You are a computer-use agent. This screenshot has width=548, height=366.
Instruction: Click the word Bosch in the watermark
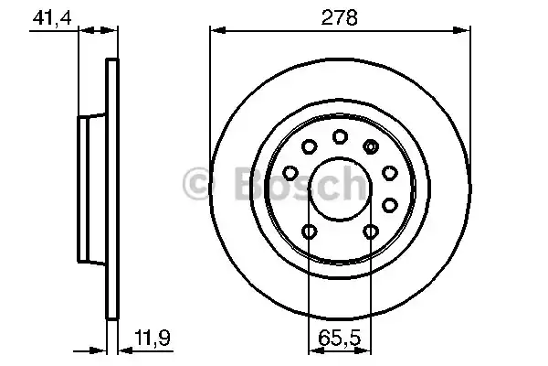click(292, 186)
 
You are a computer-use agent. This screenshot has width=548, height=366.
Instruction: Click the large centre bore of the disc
click(340, 187)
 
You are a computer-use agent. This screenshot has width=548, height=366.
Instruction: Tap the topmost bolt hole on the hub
click(340, 137)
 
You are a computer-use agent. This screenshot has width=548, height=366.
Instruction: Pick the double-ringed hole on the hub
click(371, 145)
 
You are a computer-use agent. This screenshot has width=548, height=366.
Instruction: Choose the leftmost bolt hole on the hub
click(290, 172)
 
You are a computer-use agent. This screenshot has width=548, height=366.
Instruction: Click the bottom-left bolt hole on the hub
click(310, 231)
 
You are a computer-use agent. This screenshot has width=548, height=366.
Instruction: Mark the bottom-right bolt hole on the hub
click(370, 231)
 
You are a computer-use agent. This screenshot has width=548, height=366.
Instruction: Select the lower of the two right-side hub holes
click(390, 203)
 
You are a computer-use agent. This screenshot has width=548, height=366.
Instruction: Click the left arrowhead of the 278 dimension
click(216, 30)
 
